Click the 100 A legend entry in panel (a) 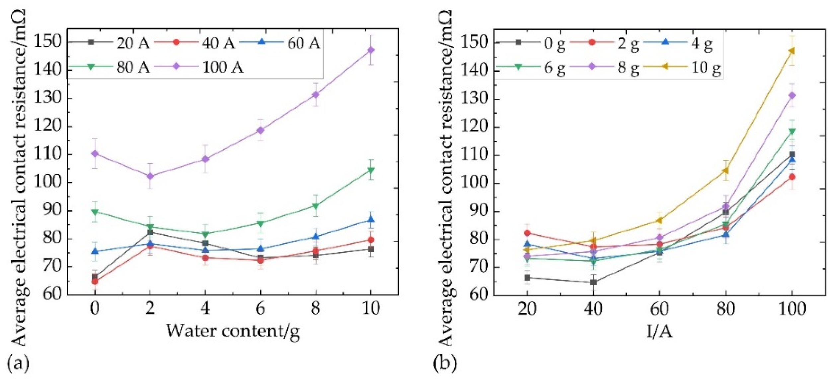click(222, 67)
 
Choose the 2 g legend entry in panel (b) click(628, 43)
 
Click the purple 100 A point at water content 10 click(371, 50)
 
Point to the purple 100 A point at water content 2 click(150, 176)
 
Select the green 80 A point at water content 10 click(371, 170)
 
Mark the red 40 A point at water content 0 click(95, 281)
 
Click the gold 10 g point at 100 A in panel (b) click(792, 51)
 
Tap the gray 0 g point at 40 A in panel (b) click(593, 282)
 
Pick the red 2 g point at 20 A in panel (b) click(527, 233)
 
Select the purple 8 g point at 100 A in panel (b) click(792, 95)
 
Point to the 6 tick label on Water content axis click(260, 308)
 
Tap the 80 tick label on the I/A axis click(725, 309)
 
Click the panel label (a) click(18, 363)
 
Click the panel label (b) click(445, 363)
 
